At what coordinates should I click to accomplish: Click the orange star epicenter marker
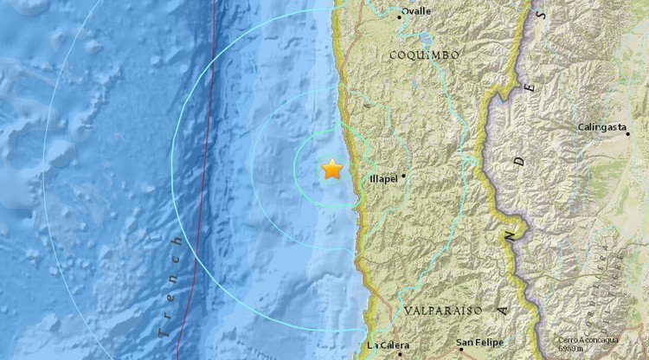click(x=332, y=169)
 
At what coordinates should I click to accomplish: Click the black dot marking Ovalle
click(x=401, y=16)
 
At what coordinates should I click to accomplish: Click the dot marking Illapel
click(x=403, y=177)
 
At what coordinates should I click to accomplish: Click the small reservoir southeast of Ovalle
click(x=426, y=41)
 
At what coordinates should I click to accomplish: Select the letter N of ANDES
click(x=511, y=234)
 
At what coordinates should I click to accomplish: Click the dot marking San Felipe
click(x=461, y=350)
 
